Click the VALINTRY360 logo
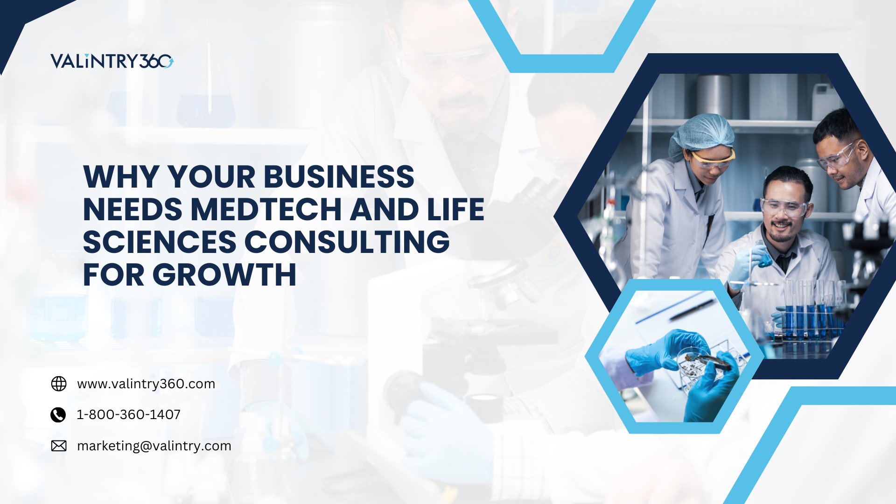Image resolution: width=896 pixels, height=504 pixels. click(112, 61)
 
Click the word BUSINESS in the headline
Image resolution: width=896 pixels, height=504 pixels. click(339, 177)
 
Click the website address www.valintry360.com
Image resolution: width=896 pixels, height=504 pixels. click(146, 384)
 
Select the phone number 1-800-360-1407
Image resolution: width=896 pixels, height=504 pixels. click(128, 414)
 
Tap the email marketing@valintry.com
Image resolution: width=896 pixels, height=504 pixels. click(154, 446)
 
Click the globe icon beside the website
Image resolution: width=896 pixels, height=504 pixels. click(59, 384)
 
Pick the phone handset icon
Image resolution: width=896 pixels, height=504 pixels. click(58, 414)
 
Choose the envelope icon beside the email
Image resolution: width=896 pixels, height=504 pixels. click(59, 446)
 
